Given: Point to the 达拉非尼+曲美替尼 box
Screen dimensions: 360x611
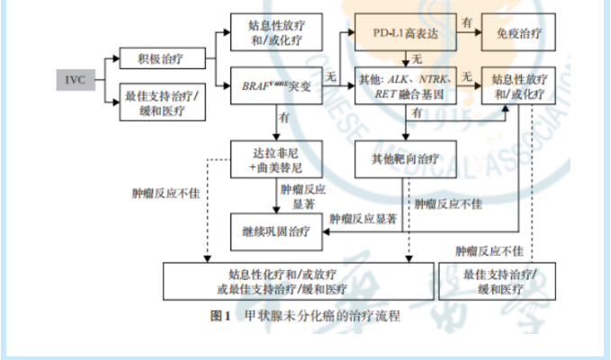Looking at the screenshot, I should click(275, 158).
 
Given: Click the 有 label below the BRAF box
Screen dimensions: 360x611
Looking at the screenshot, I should click(284, 117).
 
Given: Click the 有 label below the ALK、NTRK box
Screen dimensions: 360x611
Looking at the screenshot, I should click(416, 114).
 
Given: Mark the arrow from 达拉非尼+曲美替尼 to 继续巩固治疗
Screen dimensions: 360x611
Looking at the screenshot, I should click(275, 193).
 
